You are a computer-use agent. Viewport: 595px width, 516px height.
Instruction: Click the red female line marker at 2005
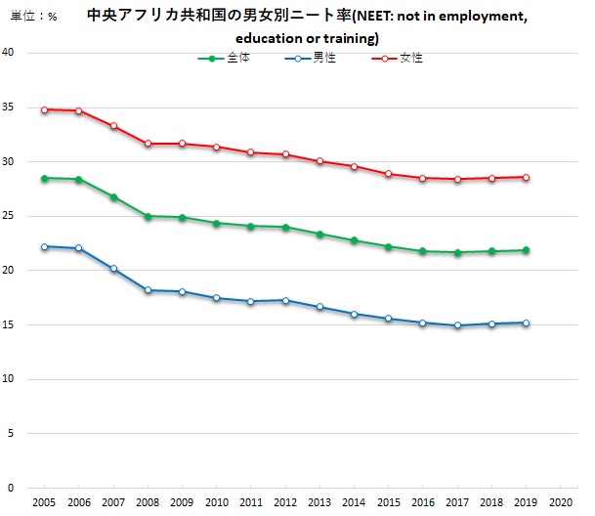pyautogui.click(x=44, y=109)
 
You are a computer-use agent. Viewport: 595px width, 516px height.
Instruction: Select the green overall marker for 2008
pyautogui.click(x=148, y=216)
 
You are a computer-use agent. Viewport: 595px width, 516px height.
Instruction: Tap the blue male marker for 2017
pyautogui.click(x=457, y=325)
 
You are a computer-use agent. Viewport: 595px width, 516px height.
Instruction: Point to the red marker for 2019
pyautogui.click(x=526, y=177)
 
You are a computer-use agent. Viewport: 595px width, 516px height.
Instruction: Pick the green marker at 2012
pyautogui.click(x=285, y=227)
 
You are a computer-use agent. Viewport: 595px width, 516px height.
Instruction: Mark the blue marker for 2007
pyautogui.click(x=113, y=268)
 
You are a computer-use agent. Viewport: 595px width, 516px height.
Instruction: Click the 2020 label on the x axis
pyautogui.click(x=560, y=501)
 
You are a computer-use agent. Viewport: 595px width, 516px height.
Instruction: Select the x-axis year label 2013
pyautogui.click(x=319, y=501)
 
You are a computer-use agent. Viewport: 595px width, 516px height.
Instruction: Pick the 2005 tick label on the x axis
pyautogui.click(x=44, y=501)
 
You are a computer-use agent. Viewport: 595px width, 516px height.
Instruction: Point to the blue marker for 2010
pyautogui.click(x=216, y=298)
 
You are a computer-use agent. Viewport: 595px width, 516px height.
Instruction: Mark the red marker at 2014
pyautogui.click(x=354, y=166)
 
